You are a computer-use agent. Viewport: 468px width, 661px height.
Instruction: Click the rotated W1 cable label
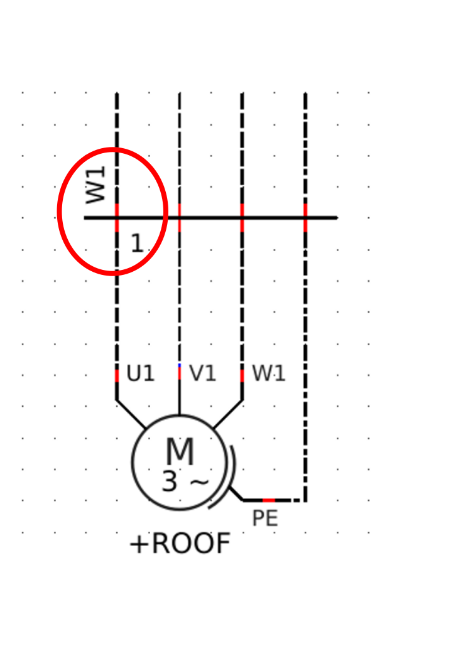pos(96,185)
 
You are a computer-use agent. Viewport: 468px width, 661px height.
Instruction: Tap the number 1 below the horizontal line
pos(136,244)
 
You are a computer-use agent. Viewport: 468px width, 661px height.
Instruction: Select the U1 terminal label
pos(140,374)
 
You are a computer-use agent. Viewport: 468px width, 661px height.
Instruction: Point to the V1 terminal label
pos(203,374)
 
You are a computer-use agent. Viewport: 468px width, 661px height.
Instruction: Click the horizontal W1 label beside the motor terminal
pos(269,374)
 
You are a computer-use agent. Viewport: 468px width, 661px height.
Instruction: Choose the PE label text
pos(265,519)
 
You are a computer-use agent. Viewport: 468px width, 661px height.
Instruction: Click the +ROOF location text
pos(180,544)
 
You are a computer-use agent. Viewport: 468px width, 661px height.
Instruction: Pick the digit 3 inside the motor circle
pos(170,482)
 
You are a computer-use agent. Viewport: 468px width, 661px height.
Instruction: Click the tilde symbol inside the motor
pos(199,482)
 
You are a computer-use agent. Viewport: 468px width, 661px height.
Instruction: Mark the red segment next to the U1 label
pos(117,375)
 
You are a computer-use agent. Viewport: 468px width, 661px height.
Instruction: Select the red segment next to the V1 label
pos(180,373)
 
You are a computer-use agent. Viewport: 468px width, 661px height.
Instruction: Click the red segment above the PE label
pos(269,500)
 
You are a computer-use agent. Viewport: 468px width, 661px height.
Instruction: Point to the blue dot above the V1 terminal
pos(180,365)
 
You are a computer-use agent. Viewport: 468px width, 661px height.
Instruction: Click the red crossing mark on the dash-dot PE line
pos(305,218)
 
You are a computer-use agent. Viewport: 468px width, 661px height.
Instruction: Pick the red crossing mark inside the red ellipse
pos(117,218)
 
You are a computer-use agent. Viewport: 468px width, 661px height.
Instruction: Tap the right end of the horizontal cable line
pos(336,218)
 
